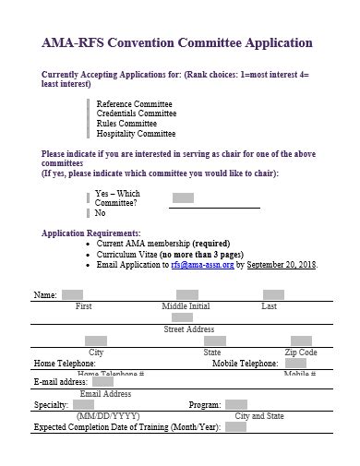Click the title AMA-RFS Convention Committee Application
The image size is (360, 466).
(x=177, y=42)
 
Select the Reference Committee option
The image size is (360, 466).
(x=133, y=103)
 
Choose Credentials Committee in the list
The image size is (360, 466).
(x=137, y=114)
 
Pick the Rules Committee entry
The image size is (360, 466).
(x=126, y=124)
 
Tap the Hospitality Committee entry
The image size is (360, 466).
(x=136, y=134)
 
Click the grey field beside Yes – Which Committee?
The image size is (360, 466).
(x=183, y=197)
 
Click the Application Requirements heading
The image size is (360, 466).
(x=91, y=233)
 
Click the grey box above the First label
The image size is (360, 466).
(x=72, y=295)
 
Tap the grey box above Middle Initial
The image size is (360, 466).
(x=187, y=295)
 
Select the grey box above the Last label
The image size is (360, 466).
(x=272, y=295)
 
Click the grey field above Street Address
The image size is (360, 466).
(x=183, y=318)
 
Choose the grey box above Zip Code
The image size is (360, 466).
(x=302, y=341)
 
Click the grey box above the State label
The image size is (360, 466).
(x=212, y=341)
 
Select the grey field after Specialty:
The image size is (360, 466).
(x=83, y=404)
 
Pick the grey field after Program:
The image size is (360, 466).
(x=235, y=404)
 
